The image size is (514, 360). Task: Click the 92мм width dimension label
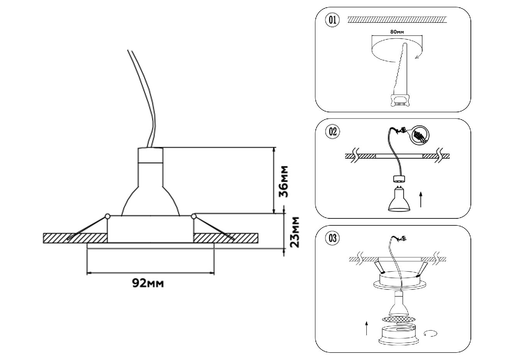[148, 283]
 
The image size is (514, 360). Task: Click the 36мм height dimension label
[284, 181]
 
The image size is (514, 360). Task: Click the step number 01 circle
[332, 20]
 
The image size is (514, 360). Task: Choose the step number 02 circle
[332, 132]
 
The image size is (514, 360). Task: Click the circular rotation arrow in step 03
[430, 333]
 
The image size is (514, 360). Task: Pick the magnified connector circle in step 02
[419, 135]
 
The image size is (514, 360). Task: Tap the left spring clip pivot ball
[107, 216]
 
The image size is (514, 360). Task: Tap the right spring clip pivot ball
[194, 216]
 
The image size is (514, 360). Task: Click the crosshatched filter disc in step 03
[399, 319]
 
